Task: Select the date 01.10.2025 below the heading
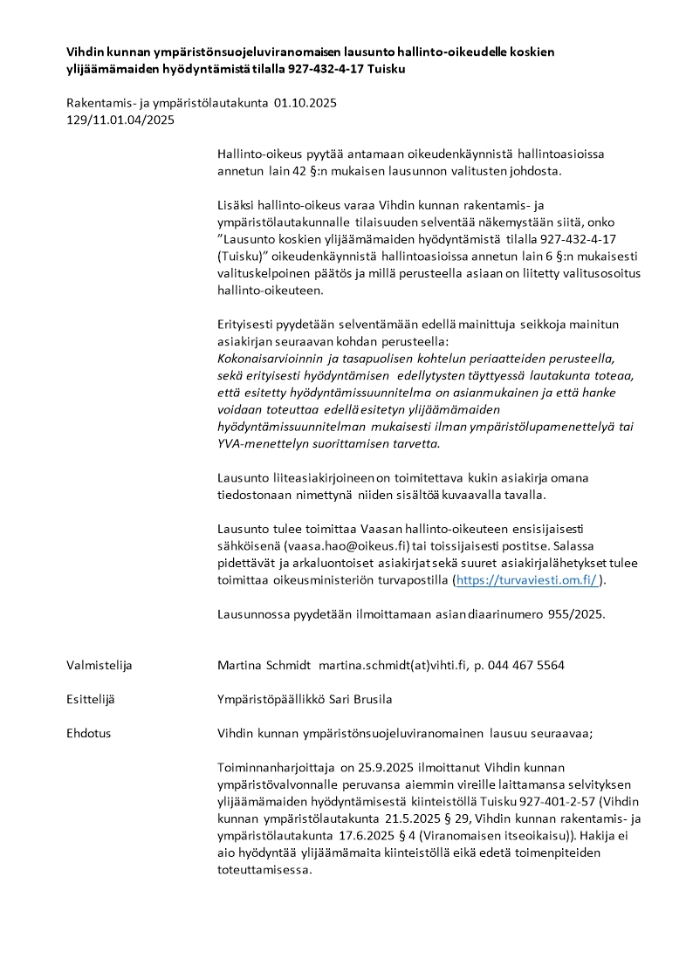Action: pos(305,103)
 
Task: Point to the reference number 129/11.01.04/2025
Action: pos(120,120)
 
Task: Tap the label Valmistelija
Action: pos(99,665)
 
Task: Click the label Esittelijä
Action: pos(91,699)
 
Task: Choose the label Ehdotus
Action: pos(88,733)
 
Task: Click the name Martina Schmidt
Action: pos(264,665)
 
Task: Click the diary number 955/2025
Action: pos(576,613)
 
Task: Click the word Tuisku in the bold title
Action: pos(386,68)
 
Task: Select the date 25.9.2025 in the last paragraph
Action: pos(381,767)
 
